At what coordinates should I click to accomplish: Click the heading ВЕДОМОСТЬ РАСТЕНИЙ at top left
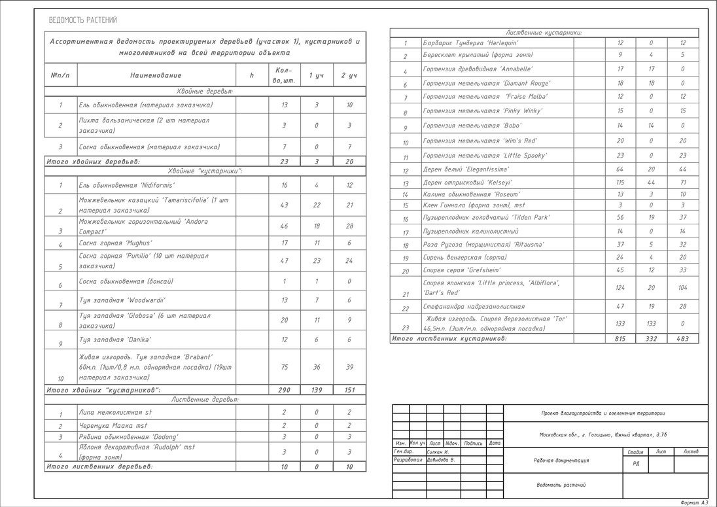[x=83, y=20]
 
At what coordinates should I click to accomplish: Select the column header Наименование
[x=156, y=76]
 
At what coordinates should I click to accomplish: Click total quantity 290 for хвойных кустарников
[x=285, y=390]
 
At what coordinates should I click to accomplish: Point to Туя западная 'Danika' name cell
[x=114, y=340]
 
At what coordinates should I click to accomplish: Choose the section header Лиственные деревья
[x=205, y=399]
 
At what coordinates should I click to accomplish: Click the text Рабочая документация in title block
[x=562, y=460]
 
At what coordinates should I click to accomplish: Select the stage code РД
[x=636, y=463]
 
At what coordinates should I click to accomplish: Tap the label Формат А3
[x=694, y=502]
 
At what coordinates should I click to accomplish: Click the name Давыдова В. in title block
[x=441, y=460]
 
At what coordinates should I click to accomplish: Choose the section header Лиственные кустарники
[x=544, y=32]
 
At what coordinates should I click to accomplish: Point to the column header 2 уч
[x=349, y=76]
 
